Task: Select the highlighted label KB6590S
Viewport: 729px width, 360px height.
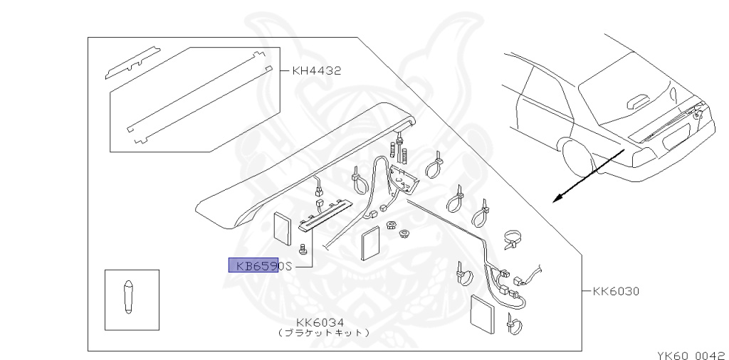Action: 260,266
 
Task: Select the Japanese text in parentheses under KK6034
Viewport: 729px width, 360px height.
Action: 323,333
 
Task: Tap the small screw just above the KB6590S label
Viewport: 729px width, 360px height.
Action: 303,249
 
